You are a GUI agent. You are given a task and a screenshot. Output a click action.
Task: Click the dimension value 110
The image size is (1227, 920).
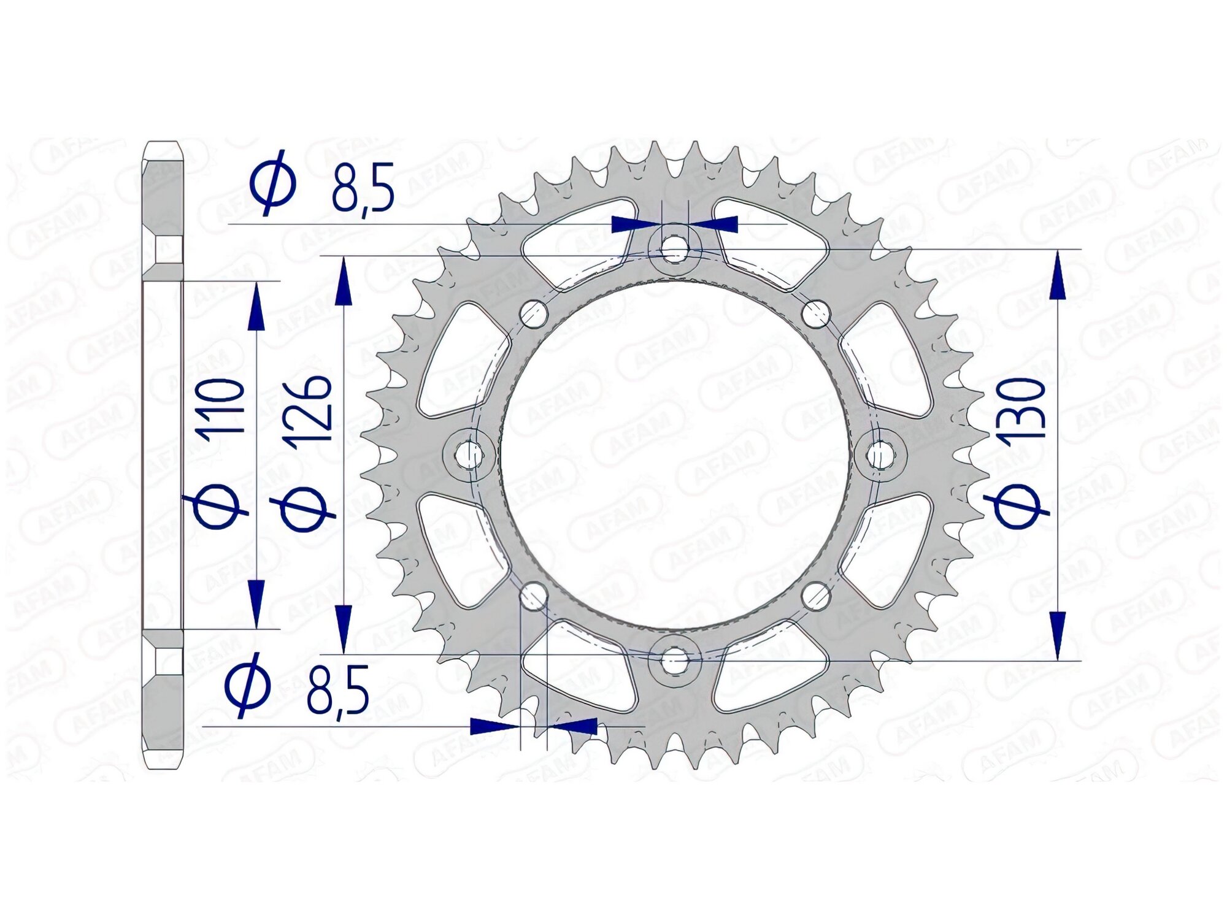pyautogui.click(x=219, y=407)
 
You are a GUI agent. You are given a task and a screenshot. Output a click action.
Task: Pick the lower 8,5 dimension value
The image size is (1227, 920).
pyautogui.click(x=337, y=689)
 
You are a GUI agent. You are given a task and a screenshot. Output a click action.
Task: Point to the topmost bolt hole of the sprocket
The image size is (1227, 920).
pyautogui.click(x=675, y=247)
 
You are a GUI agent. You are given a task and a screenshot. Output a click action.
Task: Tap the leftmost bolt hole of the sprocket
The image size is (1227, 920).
pyautogui.click(x=470, y=454)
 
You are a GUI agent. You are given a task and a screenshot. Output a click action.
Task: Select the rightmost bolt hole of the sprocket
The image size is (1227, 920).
pyautogui.click(x=881, y=454)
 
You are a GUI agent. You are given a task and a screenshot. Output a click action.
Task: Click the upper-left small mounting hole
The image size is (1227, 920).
pyautogui.click(x=533, y=313)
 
